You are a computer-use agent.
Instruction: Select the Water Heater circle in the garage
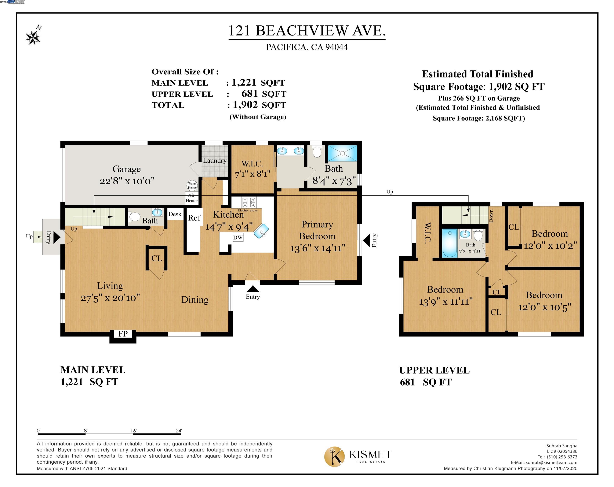coord(192,185)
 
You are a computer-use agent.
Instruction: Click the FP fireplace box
coord(123,334)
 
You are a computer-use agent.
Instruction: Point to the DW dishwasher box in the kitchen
coord(238,237)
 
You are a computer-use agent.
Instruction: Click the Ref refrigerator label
coord(194,218)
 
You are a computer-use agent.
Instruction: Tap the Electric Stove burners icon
coord(249,202)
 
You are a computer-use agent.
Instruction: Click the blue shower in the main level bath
coord(342,153)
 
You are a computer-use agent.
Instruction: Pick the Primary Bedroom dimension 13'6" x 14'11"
coord(318,248)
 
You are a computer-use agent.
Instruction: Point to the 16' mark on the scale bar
coord(134,431)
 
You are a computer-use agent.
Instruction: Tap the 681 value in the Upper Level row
coord(249,94)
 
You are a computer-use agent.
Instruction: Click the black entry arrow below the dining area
coord(253,289)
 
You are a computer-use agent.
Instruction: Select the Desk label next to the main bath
coord(175,214)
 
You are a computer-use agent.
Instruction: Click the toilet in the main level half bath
coord(135,217)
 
